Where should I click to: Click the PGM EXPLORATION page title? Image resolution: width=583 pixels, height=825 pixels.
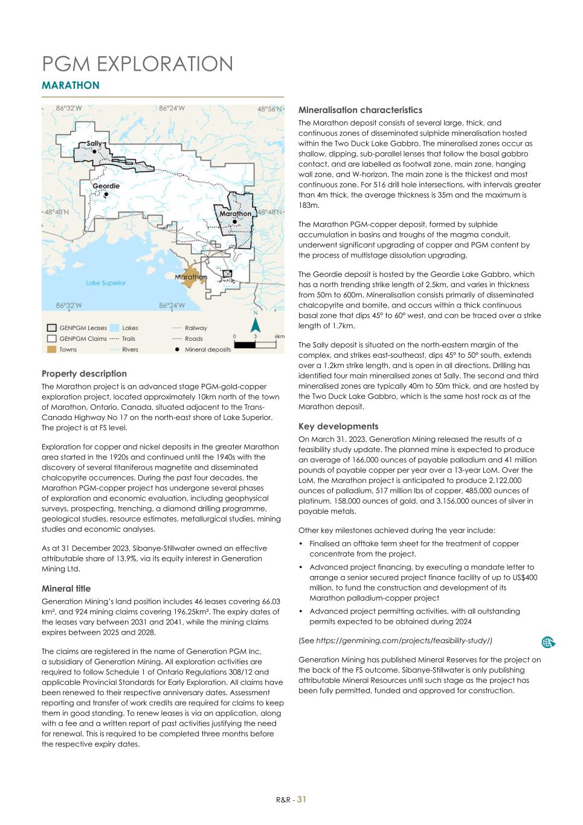tap(137, 64)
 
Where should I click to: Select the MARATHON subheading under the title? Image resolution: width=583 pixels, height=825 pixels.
tap(70, 86)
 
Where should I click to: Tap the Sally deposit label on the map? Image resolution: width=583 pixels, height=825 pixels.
tap(94, 143)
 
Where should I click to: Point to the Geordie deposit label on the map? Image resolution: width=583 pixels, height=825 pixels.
tap(106, 186)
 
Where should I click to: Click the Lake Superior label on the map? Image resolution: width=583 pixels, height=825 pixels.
tap(106, 283)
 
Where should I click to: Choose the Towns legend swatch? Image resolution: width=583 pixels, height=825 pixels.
tap(52, 349)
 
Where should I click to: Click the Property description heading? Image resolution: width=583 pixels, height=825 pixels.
tap(84, 374)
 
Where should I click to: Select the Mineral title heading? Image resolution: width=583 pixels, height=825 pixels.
tap(66, 588)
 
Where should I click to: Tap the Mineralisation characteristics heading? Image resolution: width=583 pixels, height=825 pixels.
tap(360, 110)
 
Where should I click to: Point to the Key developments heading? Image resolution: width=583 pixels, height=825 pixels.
tap(338, 426)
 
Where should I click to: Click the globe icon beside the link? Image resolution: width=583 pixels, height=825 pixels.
tap(549, 642)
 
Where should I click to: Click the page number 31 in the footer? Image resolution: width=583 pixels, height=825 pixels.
tap(301, 799)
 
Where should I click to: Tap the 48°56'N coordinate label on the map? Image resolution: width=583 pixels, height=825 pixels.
tap(270, 109)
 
